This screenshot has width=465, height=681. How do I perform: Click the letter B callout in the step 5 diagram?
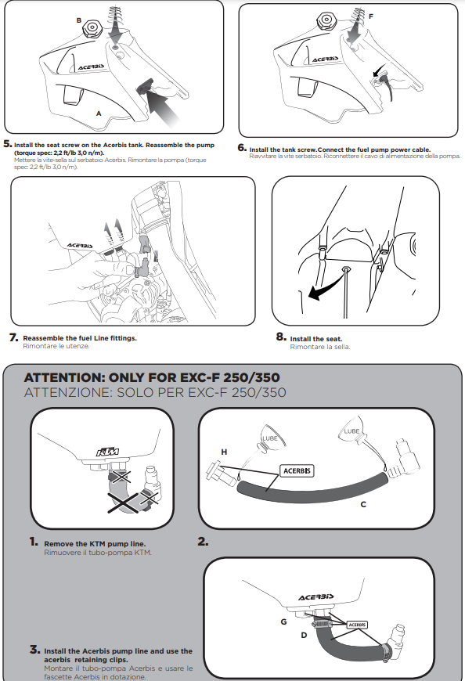(x=78, y=20)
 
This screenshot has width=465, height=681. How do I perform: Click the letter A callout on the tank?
(x=99, y=113)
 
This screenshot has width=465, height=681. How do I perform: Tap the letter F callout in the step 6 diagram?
(x=371, y=16)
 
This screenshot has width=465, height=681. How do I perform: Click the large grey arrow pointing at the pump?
(x=164, y=106)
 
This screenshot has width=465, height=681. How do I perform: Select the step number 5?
(x=7, y=144)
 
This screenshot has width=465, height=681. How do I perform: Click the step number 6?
(x=242, y=148)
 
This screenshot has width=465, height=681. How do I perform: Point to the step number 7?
(x=14, y=337)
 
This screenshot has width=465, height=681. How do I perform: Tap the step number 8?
(x=281, y=337)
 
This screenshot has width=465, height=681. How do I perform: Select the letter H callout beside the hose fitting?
(x=224, y=452)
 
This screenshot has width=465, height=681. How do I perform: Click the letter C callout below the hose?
(x=363, y=504)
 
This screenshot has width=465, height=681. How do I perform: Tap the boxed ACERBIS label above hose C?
(x=297, y=470)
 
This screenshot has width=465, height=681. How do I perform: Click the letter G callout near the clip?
(x=283, y=622)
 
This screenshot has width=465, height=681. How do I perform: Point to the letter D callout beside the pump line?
(x=304, y=635)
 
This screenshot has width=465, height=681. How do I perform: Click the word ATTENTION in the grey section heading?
(x=64, y=377)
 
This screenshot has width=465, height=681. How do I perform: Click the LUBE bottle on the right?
(x=352, y=430)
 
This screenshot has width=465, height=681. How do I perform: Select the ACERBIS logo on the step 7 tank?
(x=80, y=246)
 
